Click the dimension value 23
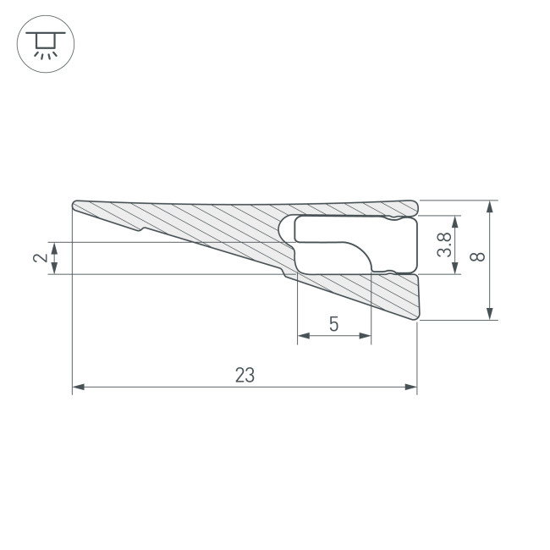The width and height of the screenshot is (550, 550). [x=245, y=375]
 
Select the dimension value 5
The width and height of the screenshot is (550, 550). [x=333, y=323]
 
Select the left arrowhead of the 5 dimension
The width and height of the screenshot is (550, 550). [x=303, y=336]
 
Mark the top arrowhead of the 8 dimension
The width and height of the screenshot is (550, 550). [x=491, y=206]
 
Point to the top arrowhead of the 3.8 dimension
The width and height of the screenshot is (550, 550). [x=456, y=222]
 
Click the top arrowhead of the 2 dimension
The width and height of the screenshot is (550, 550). [x=55, y=247]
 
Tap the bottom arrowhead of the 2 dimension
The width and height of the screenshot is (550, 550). [x=55, y=269]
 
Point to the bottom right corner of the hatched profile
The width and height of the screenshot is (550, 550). [x=417, y=318]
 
